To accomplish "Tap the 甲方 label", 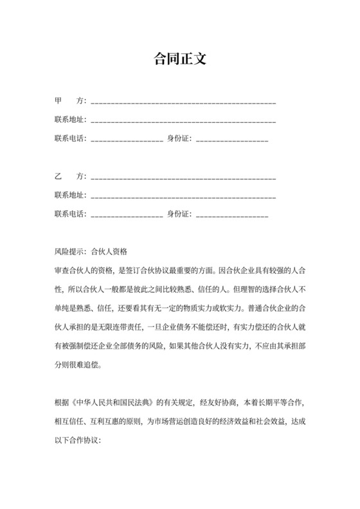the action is tap(69, 102).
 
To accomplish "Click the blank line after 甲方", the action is tap(184, 103).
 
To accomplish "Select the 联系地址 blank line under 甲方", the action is tap(184, 121).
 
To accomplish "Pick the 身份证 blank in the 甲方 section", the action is tap(232, 139).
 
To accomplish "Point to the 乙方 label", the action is tap(69, 176).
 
